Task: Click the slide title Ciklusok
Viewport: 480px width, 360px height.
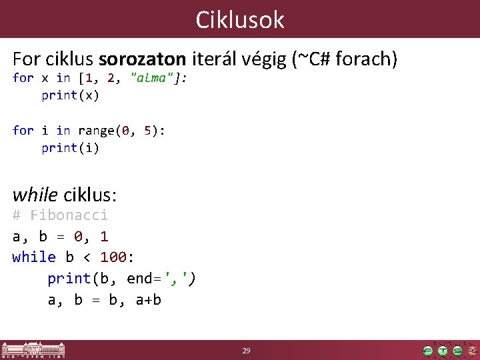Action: (x=240, y=20)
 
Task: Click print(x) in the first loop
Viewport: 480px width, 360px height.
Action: (x=70, y=95)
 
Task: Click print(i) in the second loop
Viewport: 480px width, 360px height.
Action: (x=70, y=148)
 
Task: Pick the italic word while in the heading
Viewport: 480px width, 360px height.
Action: (x=35, y=195)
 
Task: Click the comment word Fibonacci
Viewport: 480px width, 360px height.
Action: (x=69, y=215)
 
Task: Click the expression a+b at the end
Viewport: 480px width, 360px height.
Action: (x=148, y=300)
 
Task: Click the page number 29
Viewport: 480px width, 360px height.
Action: (x=246, y=351)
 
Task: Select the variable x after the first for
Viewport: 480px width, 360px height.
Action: (x=45, y=78)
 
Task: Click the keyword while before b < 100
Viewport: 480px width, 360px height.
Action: (x=34, y=257)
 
